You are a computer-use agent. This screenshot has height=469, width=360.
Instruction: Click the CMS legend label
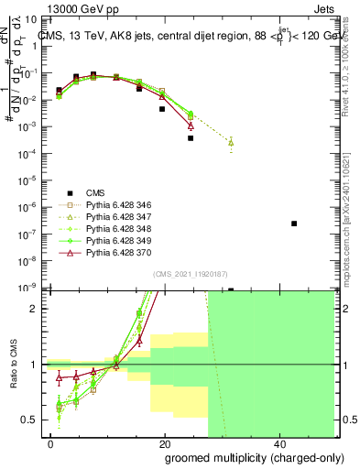pos(96,191)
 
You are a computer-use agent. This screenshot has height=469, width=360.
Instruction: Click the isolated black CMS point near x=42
pos(294,224)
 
